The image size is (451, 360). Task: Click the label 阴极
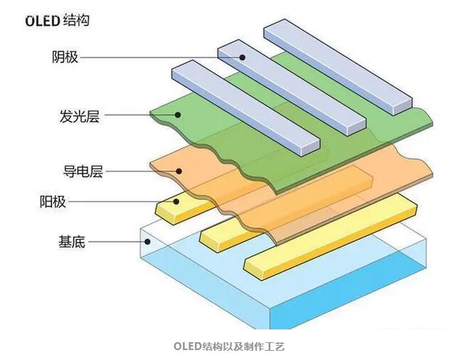click(65, 57)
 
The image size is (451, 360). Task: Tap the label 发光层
click(79, 115)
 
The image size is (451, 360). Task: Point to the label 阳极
click(53, 201)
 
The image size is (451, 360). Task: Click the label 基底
click(72, 242)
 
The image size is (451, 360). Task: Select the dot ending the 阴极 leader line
click(242, 58)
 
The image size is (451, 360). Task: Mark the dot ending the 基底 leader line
click(147, 242)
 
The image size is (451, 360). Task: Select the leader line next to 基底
click(117, 242)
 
